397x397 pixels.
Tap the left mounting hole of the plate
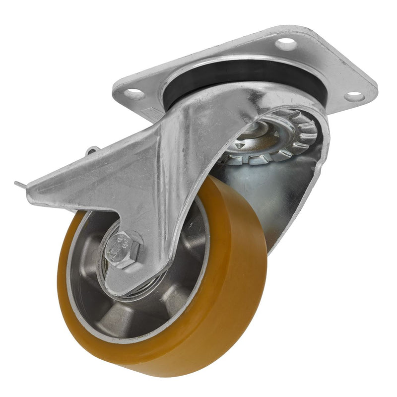click(132, 93)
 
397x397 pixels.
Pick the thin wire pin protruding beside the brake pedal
click(20, 185)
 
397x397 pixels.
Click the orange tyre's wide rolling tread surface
click(238, 278)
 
